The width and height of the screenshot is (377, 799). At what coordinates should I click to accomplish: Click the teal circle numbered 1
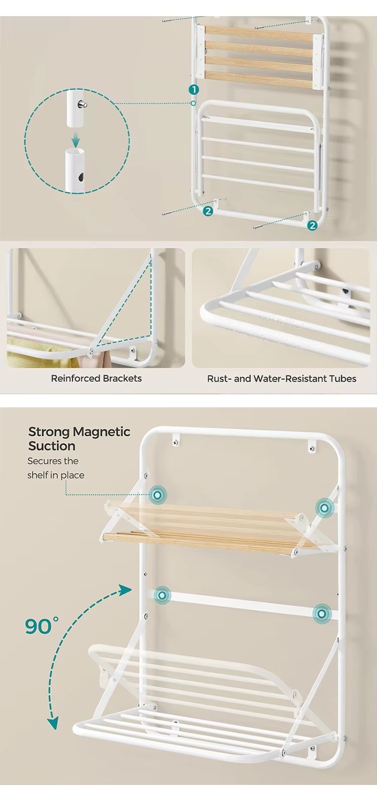pos(194,90)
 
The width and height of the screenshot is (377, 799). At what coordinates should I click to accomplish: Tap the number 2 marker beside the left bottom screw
pos(208,211)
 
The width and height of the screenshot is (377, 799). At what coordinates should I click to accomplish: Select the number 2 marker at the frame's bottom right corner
pos(312,226)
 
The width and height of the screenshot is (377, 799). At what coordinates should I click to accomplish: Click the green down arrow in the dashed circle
pos(75,139)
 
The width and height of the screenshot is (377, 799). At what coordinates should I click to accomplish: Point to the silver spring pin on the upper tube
pos(83,104)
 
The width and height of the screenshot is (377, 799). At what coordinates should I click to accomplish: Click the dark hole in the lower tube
pos(81,177)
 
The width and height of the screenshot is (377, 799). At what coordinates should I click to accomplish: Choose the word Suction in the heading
pos(52,446)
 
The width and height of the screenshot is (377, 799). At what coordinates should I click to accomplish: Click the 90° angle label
pos(41,626)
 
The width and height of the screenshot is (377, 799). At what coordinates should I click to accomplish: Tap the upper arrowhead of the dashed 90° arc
pos(125,591)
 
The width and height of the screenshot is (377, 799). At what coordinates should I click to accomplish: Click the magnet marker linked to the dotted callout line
pos(157,495)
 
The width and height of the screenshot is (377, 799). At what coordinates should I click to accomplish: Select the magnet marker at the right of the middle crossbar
pos(322,614)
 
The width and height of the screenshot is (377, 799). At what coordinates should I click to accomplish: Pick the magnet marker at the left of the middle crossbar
pos(162,595)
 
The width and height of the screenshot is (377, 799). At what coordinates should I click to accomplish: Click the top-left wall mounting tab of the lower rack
pos(176,440)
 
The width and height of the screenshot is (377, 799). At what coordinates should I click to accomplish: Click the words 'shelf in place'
pos(56,475)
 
